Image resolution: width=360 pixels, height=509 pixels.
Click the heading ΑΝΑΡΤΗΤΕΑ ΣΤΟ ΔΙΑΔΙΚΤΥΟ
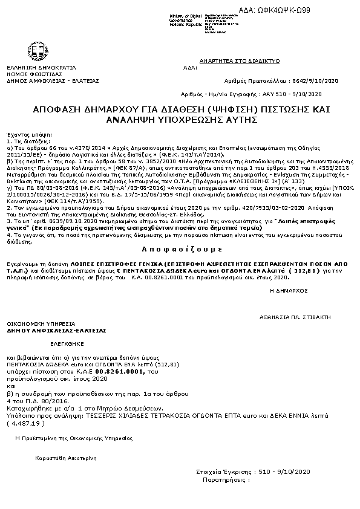point(239,61)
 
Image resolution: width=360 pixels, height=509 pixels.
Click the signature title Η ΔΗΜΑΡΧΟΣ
point(289,290)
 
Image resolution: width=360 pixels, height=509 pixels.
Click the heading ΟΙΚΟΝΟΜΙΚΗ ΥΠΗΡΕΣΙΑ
point(41,324)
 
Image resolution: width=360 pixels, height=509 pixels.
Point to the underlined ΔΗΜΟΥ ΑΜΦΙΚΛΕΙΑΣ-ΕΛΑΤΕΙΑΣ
point(56,331)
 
